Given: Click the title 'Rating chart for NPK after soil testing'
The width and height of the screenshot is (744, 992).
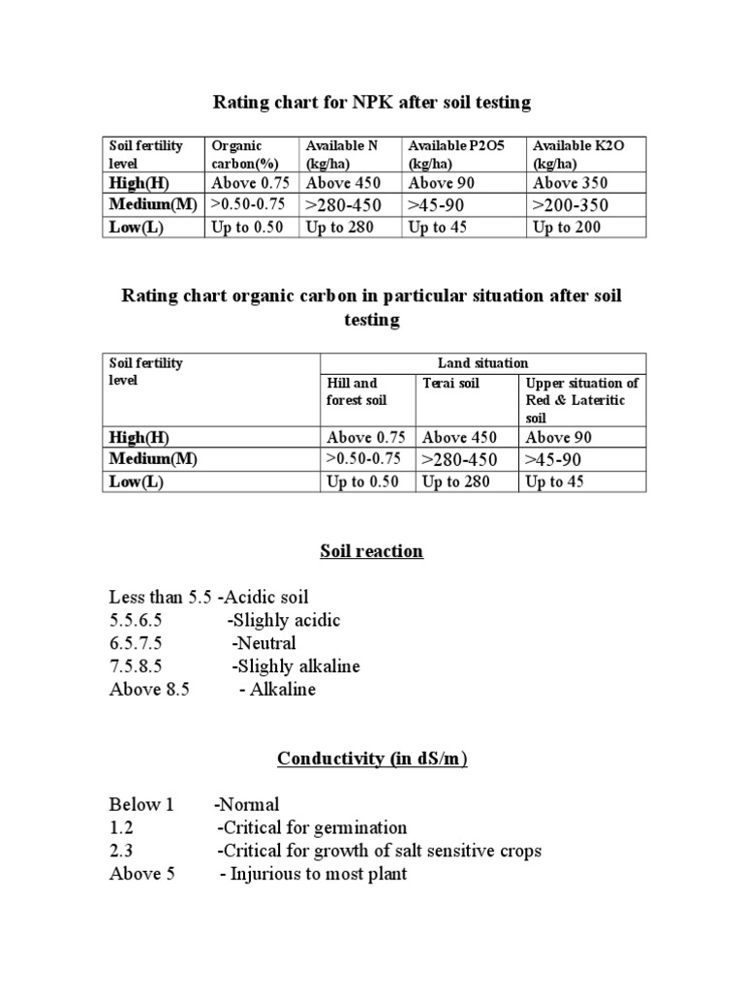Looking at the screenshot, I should (372, 102).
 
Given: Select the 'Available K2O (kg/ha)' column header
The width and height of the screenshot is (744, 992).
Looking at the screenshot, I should (578, 154).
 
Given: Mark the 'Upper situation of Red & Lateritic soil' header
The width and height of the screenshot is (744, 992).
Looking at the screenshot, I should (581, 400).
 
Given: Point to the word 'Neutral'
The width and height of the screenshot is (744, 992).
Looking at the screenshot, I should (266, 643).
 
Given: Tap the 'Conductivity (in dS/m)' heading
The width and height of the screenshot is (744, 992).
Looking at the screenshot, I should (372, 759).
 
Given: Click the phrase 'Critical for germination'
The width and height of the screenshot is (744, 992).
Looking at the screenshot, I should (315, 828).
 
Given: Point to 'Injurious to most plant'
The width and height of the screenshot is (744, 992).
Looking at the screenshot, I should (319, 875).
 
